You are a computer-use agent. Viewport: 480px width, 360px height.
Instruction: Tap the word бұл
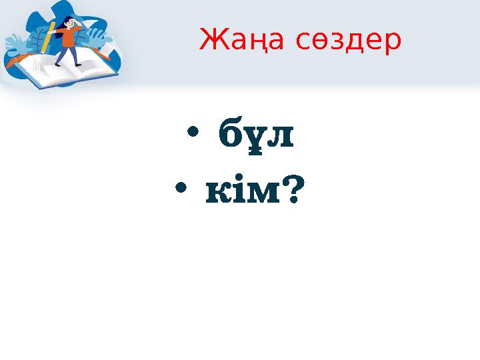(256, 138)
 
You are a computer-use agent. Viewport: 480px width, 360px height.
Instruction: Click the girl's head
(69, 23)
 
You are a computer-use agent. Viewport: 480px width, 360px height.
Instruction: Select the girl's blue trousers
(69, 55)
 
